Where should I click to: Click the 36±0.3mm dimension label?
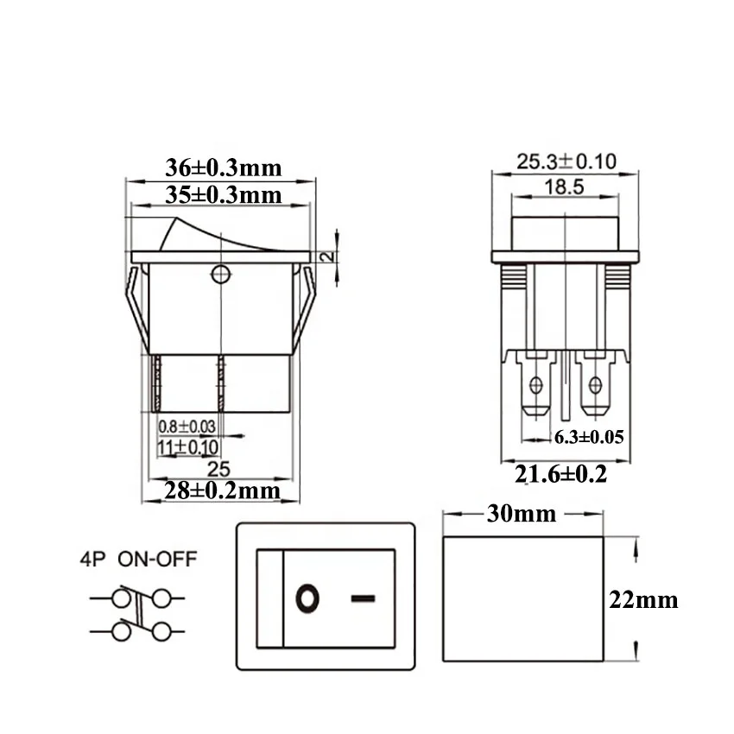[x=223, y=168]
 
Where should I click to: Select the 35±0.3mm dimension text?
[x=223, y=194]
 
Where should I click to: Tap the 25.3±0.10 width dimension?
[x=566, y=161]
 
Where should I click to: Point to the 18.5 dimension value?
[x=565, y=187]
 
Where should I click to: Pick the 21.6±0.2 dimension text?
[x=561, y=473]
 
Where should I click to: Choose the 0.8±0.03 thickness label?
[x=187, y=427]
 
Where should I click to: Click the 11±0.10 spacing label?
[x=187, y=448]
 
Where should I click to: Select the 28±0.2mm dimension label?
[x=223, y=490]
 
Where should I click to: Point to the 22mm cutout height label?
[x=643, y=600]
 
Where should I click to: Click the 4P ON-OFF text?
[x=134, y=559]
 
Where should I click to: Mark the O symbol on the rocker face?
[x=307, y=598]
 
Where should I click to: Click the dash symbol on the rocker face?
[x=364, y=598]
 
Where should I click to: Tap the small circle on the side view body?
[x=221, y=275]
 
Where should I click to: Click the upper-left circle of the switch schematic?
[x=121, y=598]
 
